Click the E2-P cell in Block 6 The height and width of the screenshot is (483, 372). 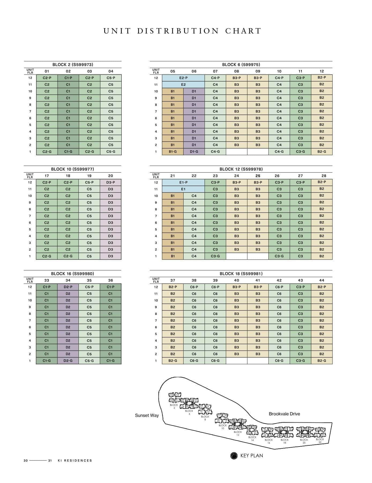(183, 78)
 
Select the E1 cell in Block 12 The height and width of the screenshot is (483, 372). (183, 189)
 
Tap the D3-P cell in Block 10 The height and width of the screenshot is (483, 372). (110, 183)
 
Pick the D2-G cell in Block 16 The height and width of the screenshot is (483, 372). (68, 361)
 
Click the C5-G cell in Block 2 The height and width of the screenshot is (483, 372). (111, 152)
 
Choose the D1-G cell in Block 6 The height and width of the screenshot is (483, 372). (194, 152)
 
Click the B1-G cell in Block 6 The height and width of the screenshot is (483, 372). (173, 152)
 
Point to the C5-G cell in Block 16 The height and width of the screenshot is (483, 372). (89, 361)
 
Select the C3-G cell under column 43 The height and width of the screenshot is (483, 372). (300, 361)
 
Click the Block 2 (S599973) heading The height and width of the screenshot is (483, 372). (73, 65)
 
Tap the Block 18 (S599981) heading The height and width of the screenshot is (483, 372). (241, 274)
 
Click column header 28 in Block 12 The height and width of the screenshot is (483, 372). (324, 176)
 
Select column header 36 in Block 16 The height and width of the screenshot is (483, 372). (110, 280)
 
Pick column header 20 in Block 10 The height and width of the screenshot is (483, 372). (110, 176)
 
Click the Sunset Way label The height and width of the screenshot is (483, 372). (147, 415)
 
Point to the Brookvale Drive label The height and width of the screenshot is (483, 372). (284, 414)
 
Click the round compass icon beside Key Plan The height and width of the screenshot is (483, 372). (234, 456)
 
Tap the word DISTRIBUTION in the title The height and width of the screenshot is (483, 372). (178, 31)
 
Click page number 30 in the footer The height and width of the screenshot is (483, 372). (26, 460)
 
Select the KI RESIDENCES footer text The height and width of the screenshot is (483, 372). (75, 460)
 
